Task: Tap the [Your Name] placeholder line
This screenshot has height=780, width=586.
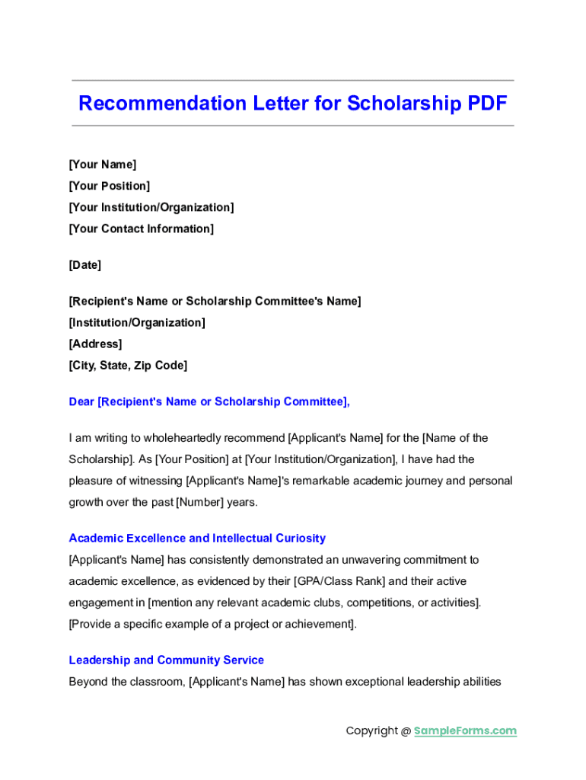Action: tap(103, 165)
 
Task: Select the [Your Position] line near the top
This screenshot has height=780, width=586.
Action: tap(110, 186)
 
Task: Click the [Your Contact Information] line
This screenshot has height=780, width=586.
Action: tap(142, 229)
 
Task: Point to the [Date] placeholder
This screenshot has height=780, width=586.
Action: tap(85, 265)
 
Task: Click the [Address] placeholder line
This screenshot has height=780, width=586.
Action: tap(95, 344)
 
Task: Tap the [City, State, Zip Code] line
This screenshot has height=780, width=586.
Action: tap(128, 365)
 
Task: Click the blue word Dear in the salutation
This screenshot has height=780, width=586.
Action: tap(81, 401)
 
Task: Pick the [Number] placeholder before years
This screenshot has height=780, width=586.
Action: tap(199, 502)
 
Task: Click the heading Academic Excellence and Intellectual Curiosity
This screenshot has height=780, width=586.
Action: tap(197, 538)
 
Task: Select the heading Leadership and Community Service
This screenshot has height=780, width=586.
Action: tap(167, 660)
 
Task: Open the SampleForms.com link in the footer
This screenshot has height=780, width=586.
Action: tap(465, 730)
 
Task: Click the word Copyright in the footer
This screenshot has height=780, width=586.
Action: tap(372, 730)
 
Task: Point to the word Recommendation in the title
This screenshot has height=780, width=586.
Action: tap(162, 104)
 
